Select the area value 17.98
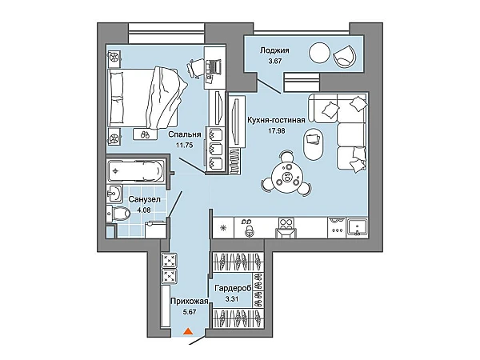(x=277, y=132)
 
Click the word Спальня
(x=184, y=135)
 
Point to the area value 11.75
(x=184, y=146)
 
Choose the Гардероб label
(x=235, y=286)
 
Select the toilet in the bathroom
(x=119, y=214)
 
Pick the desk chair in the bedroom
(x=196, y=70)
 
